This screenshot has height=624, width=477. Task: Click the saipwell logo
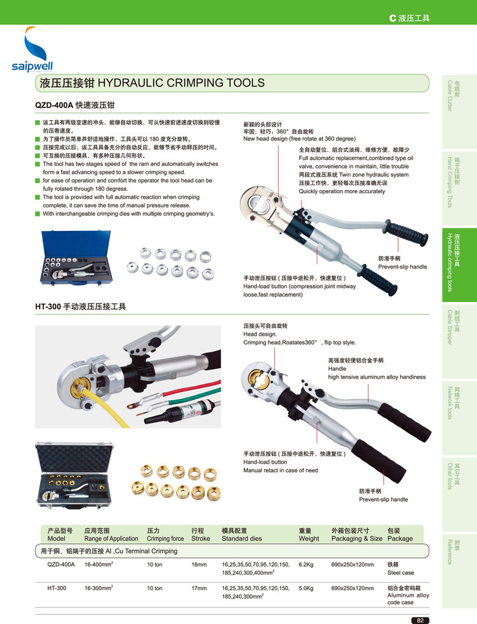pyautogui.click(x=32, y=49)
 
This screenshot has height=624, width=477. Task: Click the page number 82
pyautogui.click(x=420, y=620)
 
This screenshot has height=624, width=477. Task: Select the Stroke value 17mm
pyautogui.click(x=199, y=588)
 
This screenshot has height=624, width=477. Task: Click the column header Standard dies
pyautogui.click(x=242, y=538)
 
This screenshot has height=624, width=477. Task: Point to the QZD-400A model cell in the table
pyautogui.click(x=61, y=564)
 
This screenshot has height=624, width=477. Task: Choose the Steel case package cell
pyautogui.click(x=401, y=572)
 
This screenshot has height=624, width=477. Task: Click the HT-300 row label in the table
pyautogui.click(x=57, y=588)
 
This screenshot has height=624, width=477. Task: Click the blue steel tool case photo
pyautogui.click(x=76, y=258)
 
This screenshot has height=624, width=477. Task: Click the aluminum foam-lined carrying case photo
pyautogui.click(x=74, y=476)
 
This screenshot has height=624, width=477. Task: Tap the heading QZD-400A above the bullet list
pyautogui.click(x=54, y=105)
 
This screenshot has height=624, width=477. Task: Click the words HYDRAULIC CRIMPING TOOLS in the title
pyautogui.click(x=181, y=83)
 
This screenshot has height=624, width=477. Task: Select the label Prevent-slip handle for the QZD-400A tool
pyautogui.click(x=403, y=267)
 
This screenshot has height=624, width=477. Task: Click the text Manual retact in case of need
pyautogui.click(x=281, y=471)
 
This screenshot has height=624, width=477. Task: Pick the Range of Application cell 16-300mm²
pyautogui.click(x=99, y=588)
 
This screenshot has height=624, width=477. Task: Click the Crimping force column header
pyautogui.click(x=165, y=538)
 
